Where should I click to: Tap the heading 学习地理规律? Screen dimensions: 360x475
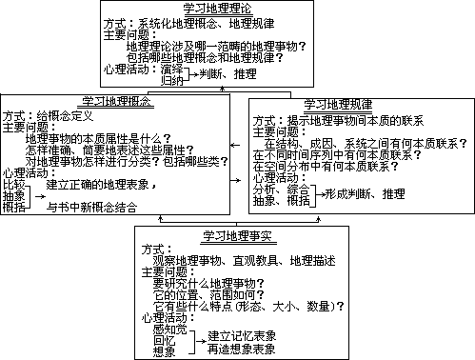[x=339, y=104]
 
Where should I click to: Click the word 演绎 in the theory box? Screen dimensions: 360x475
[x=172, y=70]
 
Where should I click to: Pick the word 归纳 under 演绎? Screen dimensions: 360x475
[x=172, y=81]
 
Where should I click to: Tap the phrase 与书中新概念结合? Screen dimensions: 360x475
[x=91, y=207]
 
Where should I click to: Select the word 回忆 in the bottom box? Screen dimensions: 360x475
[x=164, y=339]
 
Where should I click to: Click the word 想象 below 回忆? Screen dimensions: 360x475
[x=164, y=350]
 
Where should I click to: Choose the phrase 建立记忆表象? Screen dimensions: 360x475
[x=243, y=335]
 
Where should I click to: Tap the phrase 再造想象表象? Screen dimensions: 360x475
[x=243, y=348]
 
